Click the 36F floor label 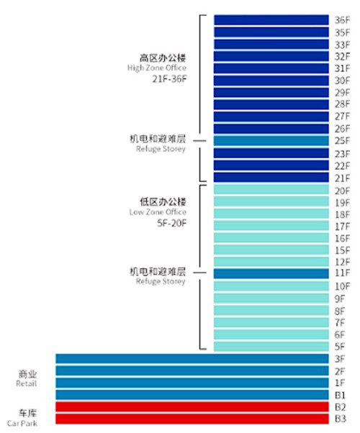tap(342, 20)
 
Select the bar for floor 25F tap(271, 141)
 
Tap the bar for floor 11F tap(271, 273)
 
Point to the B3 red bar tap(192, 419)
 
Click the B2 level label tap(341, 407)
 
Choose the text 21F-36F tap(169, 79)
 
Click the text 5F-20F tap(171, 223)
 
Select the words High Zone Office tap(157, 68)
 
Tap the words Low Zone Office tap(158, 212)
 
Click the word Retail tap(26, 383)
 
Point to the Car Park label tap(22, 424)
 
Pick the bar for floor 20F tap(271, 189)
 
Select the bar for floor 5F tap(271, 347)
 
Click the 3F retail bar tap(192, 359)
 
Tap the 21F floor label tap(342, 178)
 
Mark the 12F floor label tap(342, 262)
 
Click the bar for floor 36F tap(271, 20)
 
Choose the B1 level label tap(341, 395)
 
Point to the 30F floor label tap(342, 81)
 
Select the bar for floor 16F tap(271, 238)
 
